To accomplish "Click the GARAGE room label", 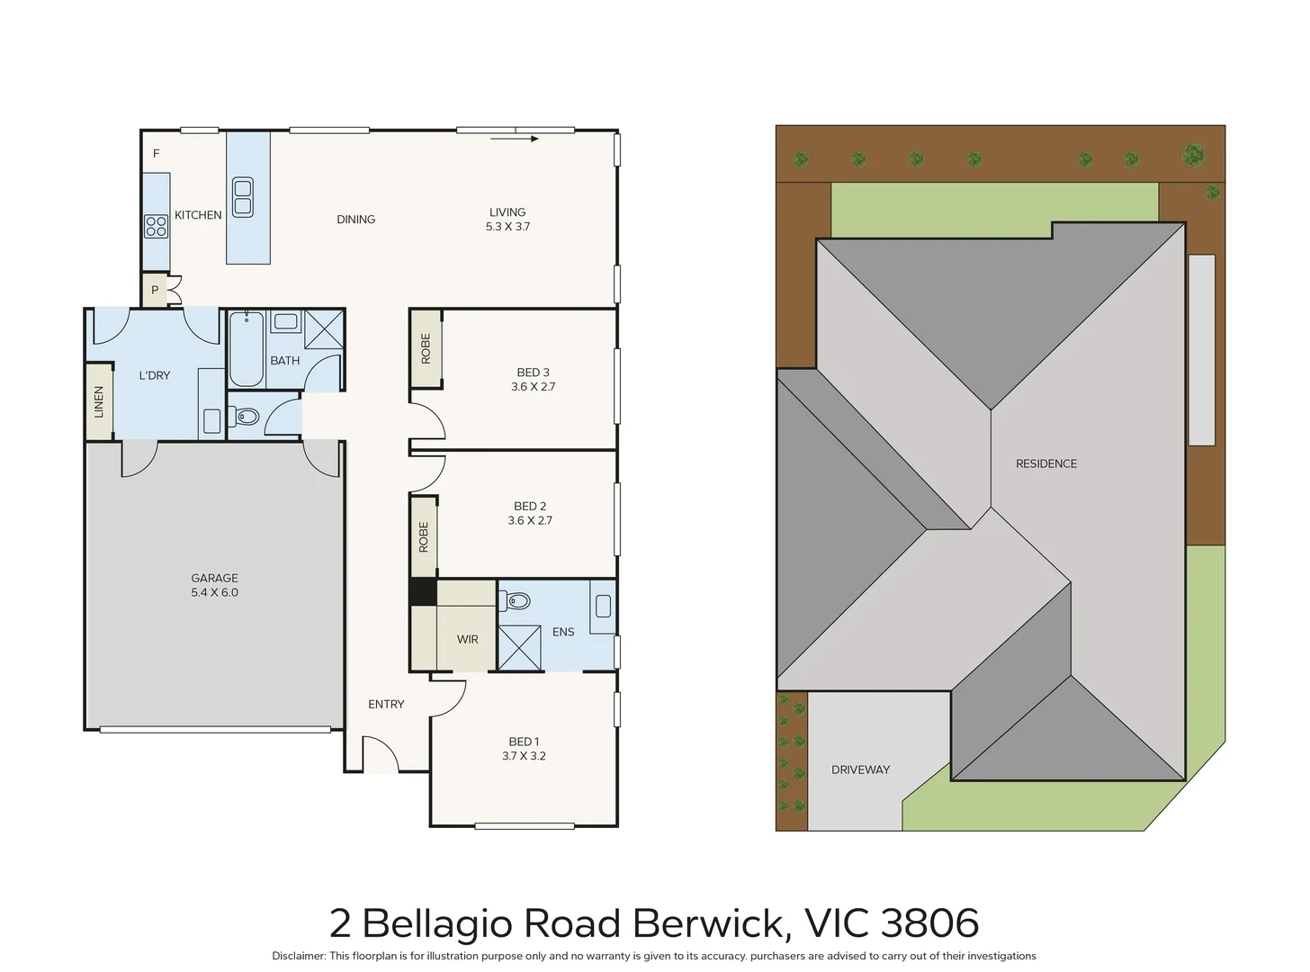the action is click(214, 578).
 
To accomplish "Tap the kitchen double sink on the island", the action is click(243, 197).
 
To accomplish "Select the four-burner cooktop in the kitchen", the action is click(157, 226).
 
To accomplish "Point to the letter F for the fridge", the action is click(156, 154).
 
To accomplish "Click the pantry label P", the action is click(155, 290).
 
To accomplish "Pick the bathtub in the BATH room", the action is click(247, 348).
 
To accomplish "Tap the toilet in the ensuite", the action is click(515, 601).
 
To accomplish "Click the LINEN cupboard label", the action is click(99, 401).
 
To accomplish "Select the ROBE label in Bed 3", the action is click(426, 348).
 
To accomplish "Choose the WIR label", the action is click(467, 639).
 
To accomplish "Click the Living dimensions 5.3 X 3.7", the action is click(508, 226).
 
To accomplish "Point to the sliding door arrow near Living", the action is click(515, 139).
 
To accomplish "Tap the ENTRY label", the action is click(386, 705).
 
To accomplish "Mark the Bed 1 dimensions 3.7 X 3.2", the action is click(524, 756).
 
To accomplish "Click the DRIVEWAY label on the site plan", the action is click(860, 769).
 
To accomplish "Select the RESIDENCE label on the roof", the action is click(1046, 463).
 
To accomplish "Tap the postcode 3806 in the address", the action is click(929, 922).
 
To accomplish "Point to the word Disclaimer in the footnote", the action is click(299, 956).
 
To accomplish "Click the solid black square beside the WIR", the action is click(423, 592).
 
